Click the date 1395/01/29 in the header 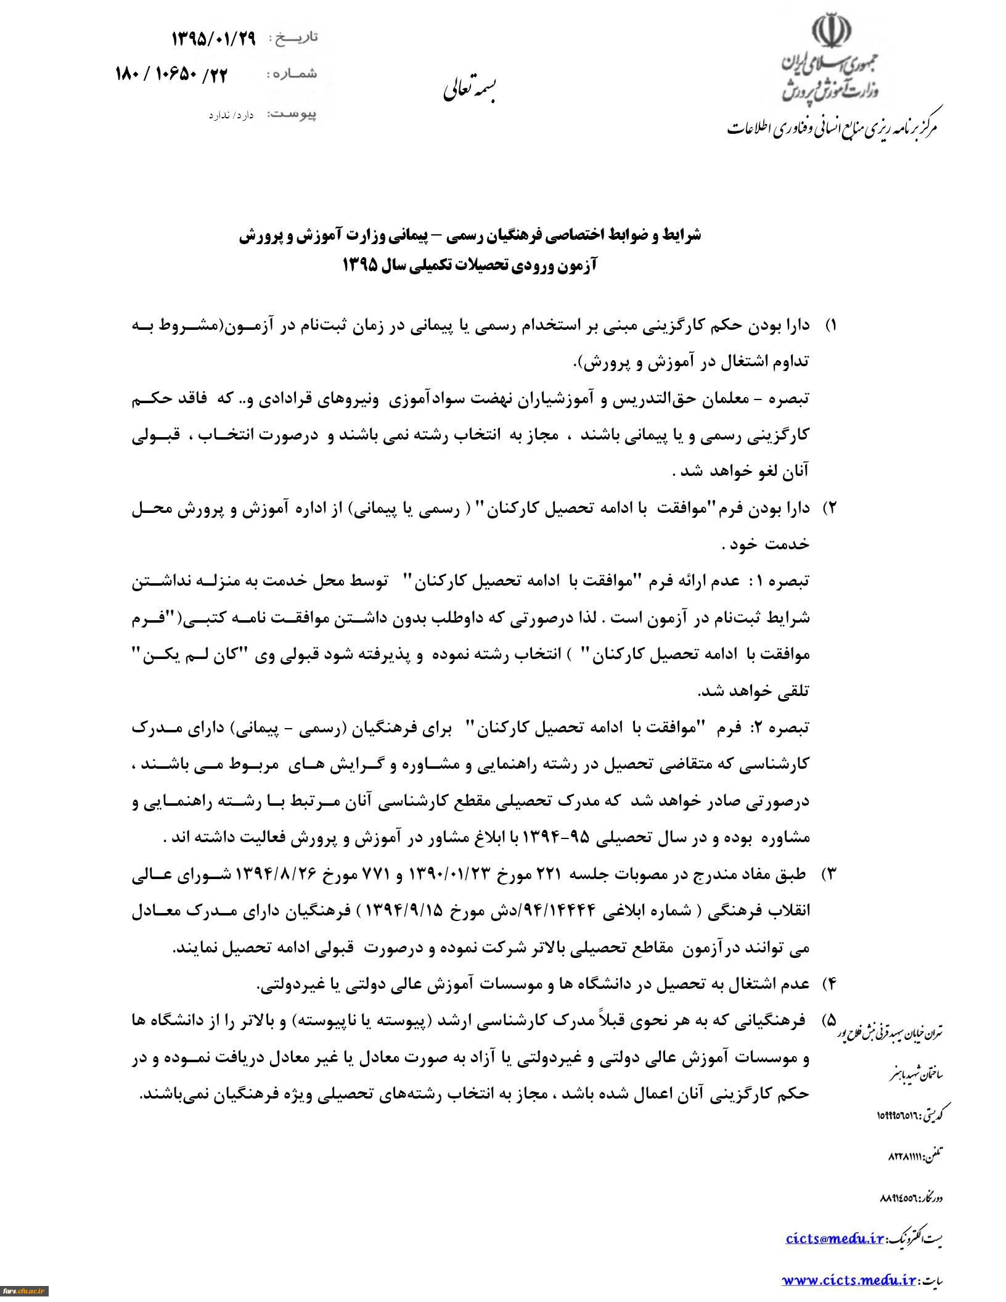(213, 39)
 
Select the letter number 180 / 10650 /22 (171, 75)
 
